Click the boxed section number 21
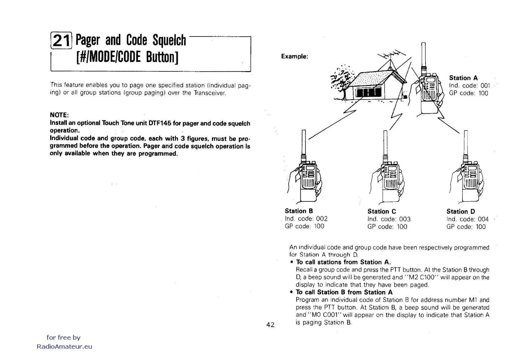(x=61, y=41)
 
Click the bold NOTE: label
(x=59, y=115)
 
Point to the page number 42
(x=270, y=325)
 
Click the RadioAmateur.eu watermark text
(x=64, y=347)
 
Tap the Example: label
(x=294, y=56)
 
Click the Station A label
(x=463, y=78)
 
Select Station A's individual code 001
(x=485, y=86)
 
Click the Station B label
(x=299, y=211)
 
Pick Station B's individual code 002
(x=322, y=218)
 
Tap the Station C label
(x=381, y=211)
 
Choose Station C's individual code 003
(x=404, y=219)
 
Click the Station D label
(x=461, y=211)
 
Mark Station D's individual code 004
(x=483, y=219)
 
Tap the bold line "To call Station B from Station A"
(x=344, y=292)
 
